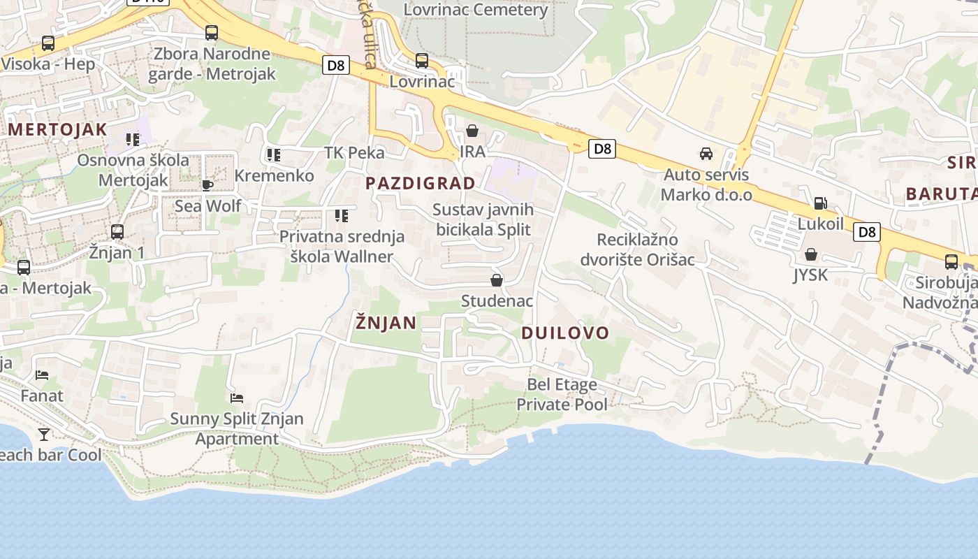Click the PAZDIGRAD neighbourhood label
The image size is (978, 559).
click(x=421, y=183)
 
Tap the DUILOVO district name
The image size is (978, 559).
click(x=565, y=333)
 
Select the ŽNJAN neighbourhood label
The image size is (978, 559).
click(x=386, y=322)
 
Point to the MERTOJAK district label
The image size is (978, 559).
click(x=57, y=129)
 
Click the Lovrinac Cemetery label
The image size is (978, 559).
click(x=476, y=10)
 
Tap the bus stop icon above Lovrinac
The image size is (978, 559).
click(x=421, y=61)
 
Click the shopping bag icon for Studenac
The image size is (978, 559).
click(x=497, y=280)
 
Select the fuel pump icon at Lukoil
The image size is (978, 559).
click(x=820, y=203)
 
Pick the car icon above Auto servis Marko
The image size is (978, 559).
click(x=706, y=154)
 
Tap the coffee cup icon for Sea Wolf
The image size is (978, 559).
click(x=207, y=184)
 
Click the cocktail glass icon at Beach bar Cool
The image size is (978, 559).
click(x=44, y=435)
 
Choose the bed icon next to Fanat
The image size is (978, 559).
click(x=42, y=375)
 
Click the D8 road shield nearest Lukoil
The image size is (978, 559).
click(x=866, y=232)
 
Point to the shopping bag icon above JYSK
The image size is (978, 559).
click(x=810, y=254)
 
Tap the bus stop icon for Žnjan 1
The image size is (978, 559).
click(x=117, y=231)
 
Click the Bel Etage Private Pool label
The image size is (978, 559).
click(x=562, y=394)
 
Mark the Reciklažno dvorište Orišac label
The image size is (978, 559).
click(x=637, y=249)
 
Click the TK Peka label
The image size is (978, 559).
click(x=355, y=152)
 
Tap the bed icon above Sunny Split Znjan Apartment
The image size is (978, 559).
click(x=237, y=398)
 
